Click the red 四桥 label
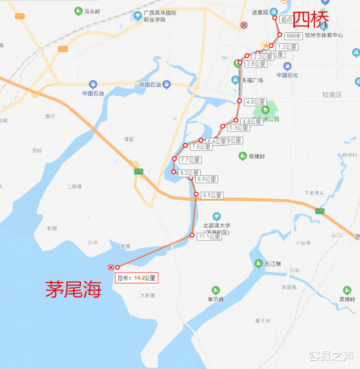click(x=312, y=20)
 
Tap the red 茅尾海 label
click(x=73, y=290)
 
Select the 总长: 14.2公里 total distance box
click(x=136, y=278)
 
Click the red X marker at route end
click(x=111, y=268)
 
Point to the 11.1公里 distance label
click(x=209, y=237)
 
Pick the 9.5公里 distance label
click(x=212, y=196)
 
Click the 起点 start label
click(x=287, y=19)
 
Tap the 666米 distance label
click(x=294, y=36)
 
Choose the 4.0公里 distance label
click(x=255, y=102)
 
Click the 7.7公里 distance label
click(x=190, y=160)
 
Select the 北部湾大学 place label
click(x=216, y=226)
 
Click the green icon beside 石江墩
click(x=258, y=263)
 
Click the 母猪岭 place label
click(x=257, y=156)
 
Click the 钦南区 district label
click(x=332, y=95)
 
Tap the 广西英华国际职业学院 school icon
click(x=138, y=16)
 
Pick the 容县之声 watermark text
click(x=331, y=356)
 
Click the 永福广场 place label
click(x=252, y=80)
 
